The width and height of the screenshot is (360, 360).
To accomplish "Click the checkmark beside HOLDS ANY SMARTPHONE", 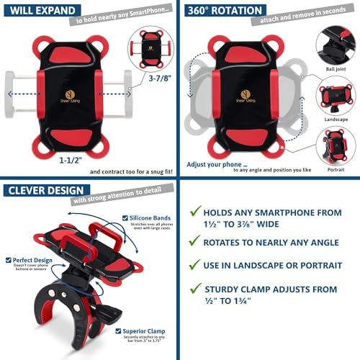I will coord(193,210).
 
